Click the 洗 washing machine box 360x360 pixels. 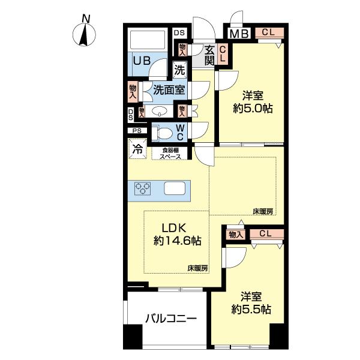tap(180, 69)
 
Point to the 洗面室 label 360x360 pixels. tap(169, 90)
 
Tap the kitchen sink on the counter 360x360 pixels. tap(175, 188)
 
